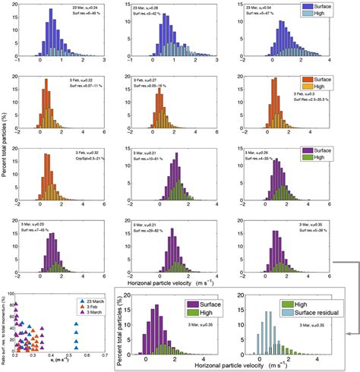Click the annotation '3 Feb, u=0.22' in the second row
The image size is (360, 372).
pyautogui.click(x=39, y=80)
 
